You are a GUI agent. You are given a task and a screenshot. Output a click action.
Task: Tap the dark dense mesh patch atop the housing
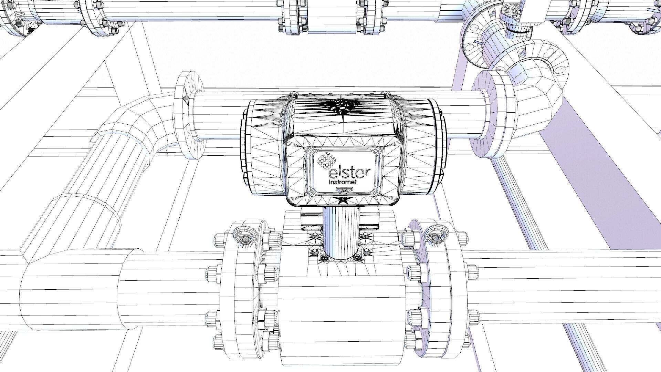[x=341, y=105]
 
